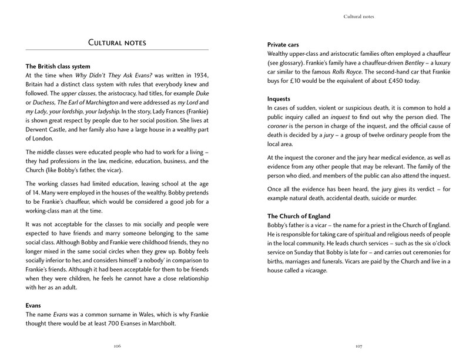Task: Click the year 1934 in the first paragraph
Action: (200, 76)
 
